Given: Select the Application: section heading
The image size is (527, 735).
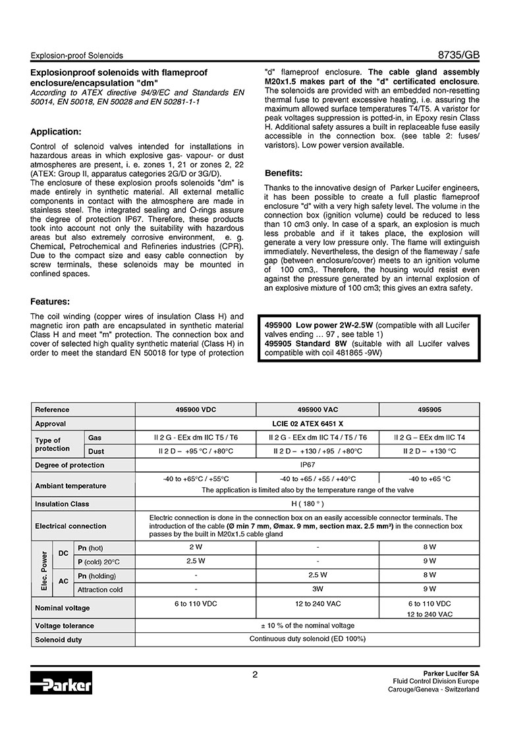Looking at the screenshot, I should [56, 131].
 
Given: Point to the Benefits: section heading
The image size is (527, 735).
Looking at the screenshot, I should [283, 173].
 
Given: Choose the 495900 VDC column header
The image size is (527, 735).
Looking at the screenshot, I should [192, 409].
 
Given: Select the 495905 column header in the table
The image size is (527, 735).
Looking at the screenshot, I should [430, 409].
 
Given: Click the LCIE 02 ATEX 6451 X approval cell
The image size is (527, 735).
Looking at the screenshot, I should [307, 424].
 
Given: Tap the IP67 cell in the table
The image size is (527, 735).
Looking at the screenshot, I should [307, 465].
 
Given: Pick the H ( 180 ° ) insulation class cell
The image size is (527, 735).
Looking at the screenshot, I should [307, 504].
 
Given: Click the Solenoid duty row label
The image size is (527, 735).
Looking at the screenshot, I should [59, 640].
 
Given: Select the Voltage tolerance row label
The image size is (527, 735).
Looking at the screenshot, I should [65, 626].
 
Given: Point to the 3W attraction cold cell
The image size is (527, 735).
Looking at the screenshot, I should [318, 589].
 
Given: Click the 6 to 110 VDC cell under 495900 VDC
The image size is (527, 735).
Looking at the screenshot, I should [196, 603].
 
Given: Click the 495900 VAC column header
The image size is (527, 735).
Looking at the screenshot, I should [318, 409].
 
